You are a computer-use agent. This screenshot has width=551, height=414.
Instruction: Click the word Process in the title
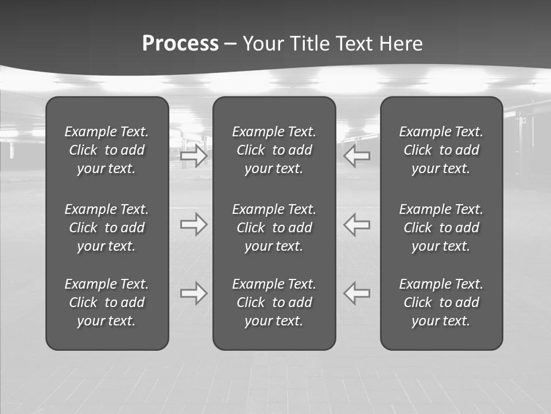[180, 44]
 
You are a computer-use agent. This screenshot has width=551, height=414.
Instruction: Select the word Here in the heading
[399, 44]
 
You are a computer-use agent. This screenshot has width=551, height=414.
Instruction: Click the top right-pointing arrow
[193, 155]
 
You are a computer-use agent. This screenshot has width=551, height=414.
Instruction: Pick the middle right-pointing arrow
[193, 224]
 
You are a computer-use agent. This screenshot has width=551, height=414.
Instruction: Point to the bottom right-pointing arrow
[193, 293]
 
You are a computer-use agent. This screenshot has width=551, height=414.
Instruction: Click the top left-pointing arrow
[357, 155]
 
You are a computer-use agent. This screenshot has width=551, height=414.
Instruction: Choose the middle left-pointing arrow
[357, 224]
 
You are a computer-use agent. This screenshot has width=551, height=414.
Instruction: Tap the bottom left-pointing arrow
[357, 293]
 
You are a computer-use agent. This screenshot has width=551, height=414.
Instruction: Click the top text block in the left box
[107, 150]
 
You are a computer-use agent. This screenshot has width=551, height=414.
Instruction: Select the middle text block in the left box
[107, 228]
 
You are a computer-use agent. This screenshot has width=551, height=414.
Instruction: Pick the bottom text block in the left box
[107, 302]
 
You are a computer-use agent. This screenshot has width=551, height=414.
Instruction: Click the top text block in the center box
[274, 150]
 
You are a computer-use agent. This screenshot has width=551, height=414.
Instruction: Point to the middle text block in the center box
[274, 228]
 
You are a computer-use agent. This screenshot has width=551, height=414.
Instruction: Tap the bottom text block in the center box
[274, 302]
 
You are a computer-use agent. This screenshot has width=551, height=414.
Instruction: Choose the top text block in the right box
[441, 150]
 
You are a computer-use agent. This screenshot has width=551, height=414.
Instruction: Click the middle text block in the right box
[441, 228]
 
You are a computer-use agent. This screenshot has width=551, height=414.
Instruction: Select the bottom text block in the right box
[441, 302]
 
